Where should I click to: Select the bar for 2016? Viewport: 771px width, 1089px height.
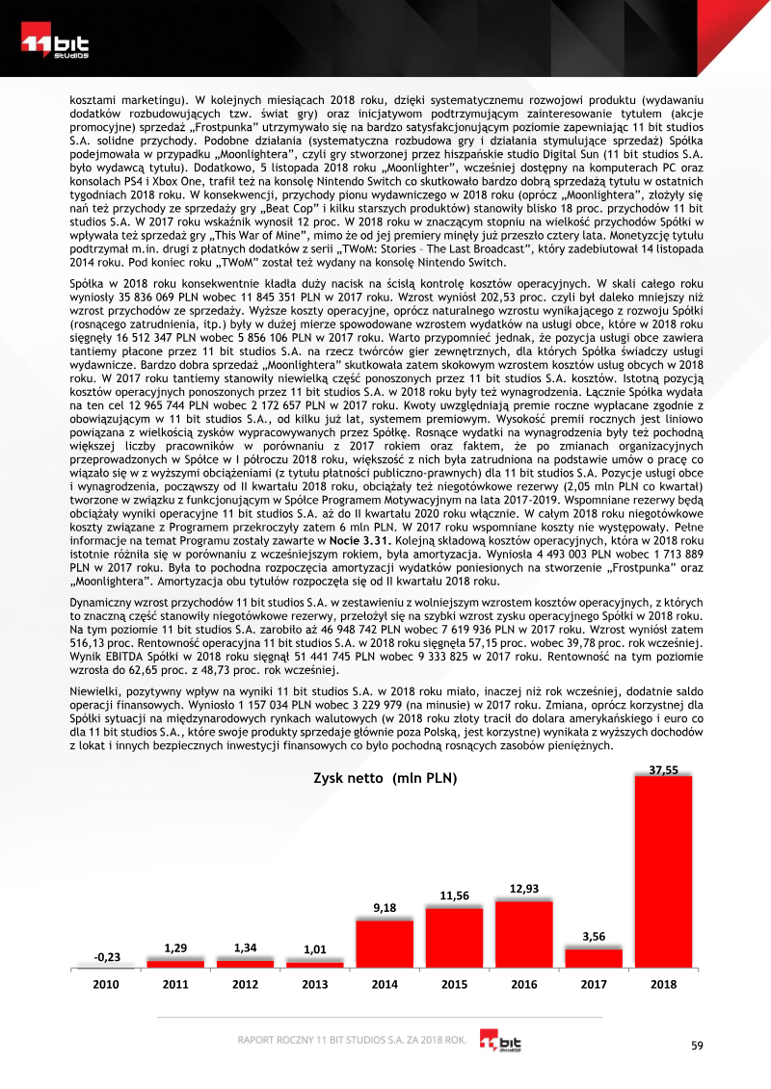pos(523,934)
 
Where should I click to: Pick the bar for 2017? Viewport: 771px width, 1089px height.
pos(594,957)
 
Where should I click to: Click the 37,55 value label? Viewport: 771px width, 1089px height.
pos(663,769)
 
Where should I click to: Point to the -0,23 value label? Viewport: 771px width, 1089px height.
pos(107,956)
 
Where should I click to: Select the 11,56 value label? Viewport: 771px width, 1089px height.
pos(454,895)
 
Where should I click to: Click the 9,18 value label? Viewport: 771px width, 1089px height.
pos(385,907)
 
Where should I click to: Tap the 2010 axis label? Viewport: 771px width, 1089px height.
pos(106,985)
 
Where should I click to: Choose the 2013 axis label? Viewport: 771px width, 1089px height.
pos(315,985)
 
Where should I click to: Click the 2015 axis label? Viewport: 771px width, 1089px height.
pos(454,985)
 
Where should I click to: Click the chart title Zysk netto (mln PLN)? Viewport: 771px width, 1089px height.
pos(385,777)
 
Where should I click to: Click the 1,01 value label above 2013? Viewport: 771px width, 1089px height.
pos(315,949)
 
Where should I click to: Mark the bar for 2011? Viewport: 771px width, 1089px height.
pos(175,963)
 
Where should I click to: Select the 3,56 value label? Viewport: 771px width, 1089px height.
pos(594,936)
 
